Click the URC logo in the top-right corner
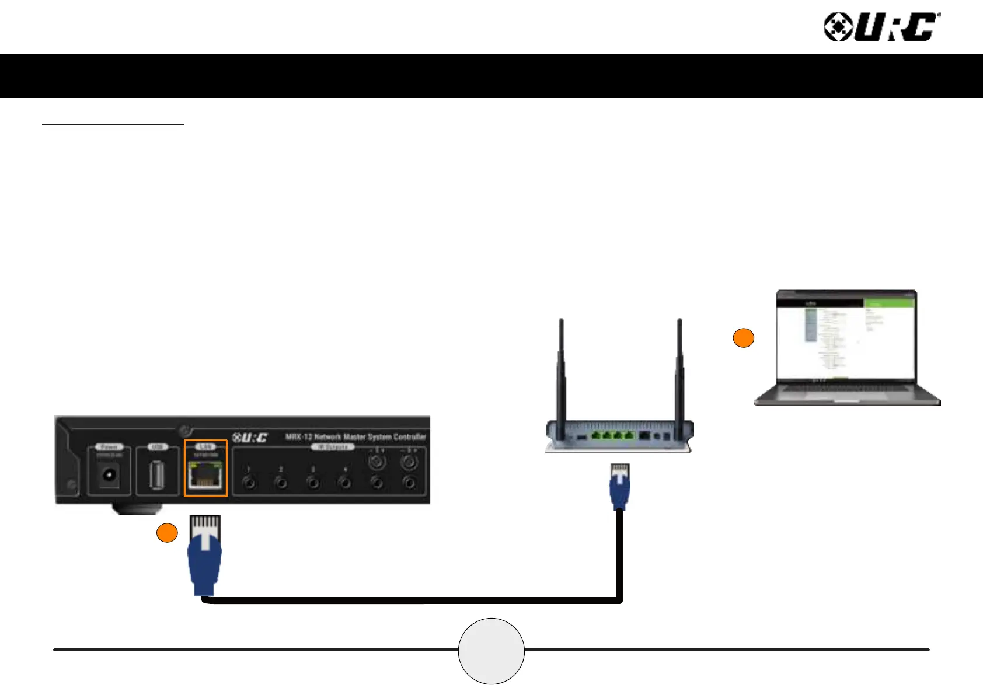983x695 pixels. click(881, 27)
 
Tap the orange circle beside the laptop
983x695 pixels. click(743, 338)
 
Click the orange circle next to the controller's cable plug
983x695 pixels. click(167, 533)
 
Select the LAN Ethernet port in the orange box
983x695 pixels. click(205, 474)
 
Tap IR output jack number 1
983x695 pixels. click(249, 483)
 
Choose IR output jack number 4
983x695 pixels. click(345, 483)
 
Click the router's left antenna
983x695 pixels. click(561, 373)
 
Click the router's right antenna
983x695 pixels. click(679, 373)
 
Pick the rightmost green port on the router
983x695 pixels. click(629, 435)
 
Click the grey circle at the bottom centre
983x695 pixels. click(491, 651)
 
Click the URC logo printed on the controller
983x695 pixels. click(250, 438)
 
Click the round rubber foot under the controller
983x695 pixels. click(134, 508)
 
